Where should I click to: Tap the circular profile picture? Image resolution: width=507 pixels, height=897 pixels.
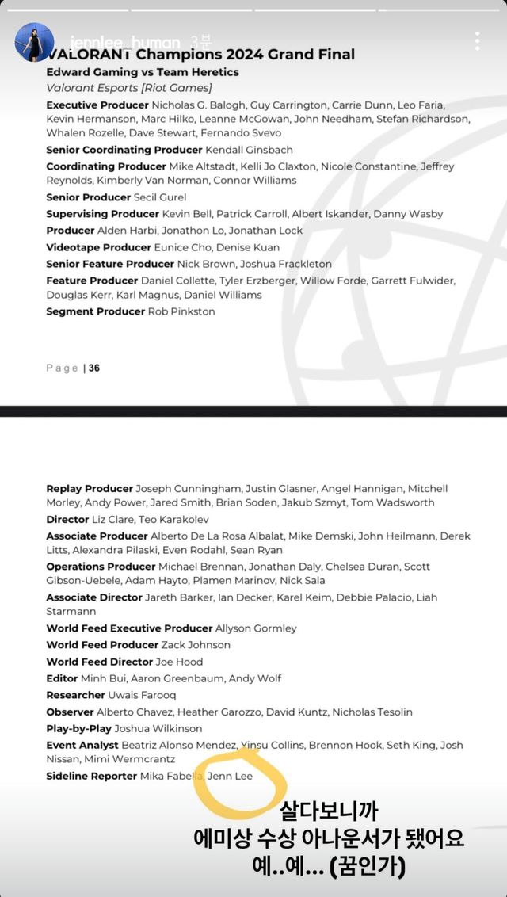point(34,42)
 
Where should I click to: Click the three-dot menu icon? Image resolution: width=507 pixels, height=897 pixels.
point(477,41)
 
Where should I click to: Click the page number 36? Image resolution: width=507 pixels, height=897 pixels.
point(94,368)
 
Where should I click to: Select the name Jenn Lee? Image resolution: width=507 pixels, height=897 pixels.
point(230,776)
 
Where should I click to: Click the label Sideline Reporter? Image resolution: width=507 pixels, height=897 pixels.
point(91,776)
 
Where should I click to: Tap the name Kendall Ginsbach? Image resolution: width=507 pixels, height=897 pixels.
point(249,150)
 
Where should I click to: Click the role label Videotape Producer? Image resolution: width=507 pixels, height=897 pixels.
point(97,247)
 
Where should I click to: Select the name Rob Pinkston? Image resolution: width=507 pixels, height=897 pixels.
point(181,311)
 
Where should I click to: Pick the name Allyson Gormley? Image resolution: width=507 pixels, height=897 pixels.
point(256,628)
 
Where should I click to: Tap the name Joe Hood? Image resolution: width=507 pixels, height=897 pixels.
point(179,662)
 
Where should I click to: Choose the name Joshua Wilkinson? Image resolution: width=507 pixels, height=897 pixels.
point(158,728)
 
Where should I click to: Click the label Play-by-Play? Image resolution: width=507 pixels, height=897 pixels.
point(78,728)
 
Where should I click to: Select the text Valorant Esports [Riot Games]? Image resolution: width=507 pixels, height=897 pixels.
point(129,88)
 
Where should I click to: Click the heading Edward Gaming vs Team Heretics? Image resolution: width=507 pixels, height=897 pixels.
point(143,72)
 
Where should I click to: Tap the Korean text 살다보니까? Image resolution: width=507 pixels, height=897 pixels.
point(329,811)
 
